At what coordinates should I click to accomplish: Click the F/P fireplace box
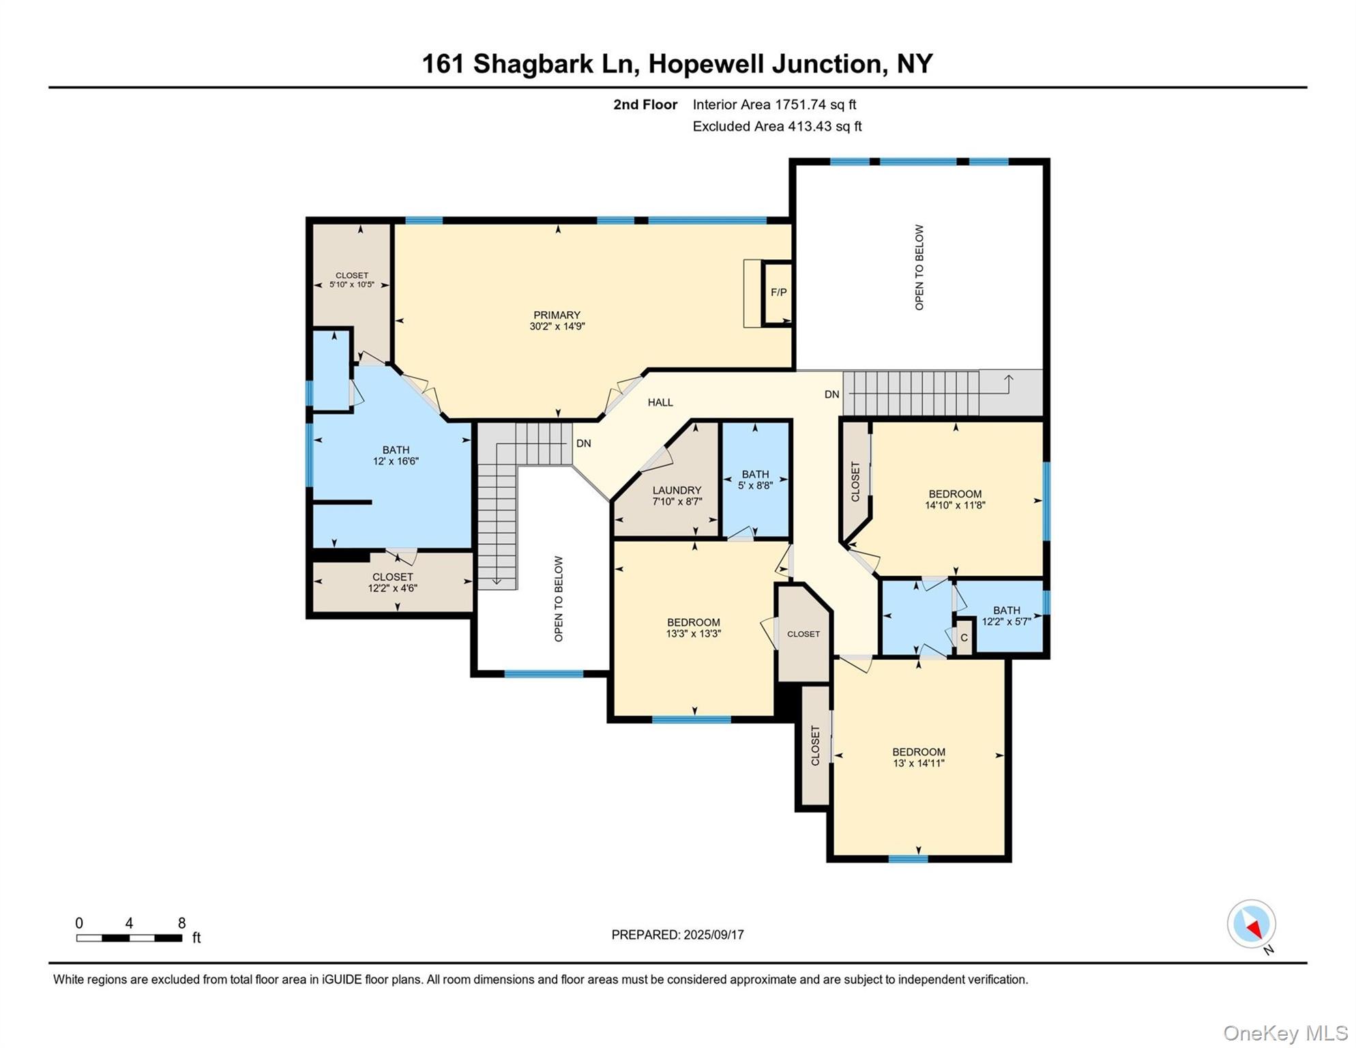tap(778, 293)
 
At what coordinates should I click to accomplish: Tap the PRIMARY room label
tap(557, 315)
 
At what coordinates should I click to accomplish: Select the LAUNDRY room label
tap(676, 491)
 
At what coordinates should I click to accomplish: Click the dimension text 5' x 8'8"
tap(755, 486)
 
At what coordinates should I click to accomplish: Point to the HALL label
tap(660, 403)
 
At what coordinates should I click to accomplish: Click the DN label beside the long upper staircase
tap(831, 394)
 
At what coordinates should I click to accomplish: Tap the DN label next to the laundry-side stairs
tap(583, 443)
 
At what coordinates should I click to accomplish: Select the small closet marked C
tap(964, 638)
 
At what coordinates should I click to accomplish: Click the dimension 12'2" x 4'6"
tap(392, 588)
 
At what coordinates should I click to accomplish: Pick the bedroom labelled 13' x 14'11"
tap(918, 757)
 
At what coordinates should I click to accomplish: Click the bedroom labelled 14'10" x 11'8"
tap(954, 499)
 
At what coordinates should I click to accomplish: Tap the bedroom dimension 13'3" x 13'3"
tap(693, 634)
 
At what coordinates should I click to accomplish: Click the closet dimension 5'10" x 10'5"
tap(351, 285)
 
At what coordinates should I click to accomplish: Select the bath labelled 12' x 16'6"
tap(396, 456)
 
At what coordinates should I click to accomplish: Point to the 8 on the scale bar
tap(181, 923)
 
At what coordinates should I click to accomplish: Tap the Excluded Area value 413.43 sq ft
tap(825, 126)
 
